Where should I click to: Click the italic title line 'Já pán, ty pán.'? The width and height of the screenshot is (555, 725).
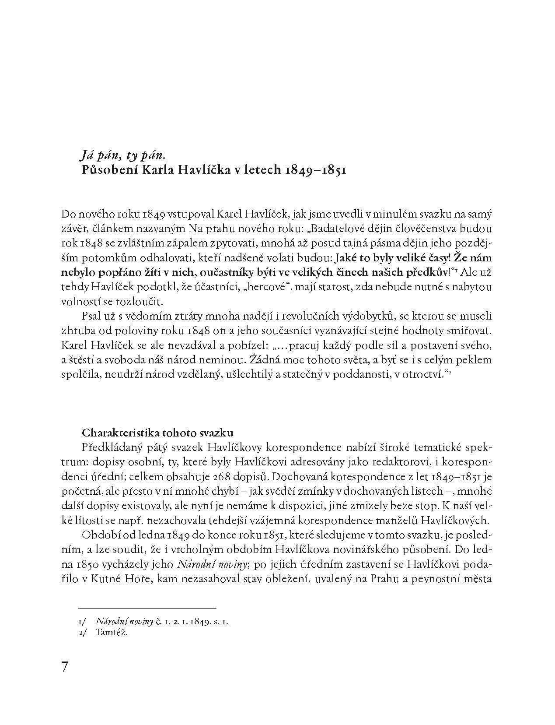pyautogui.click(x=123, y=155)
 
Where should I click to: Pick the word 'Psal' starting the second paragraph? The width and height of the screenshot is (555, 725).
pyautogui.click(x=90, y=316)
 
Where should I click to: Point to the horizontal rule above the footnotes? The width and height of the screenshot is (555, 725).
pyautogui.click(x=147, y=608)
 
